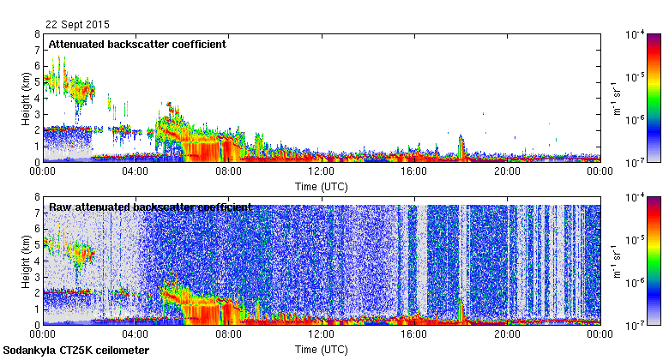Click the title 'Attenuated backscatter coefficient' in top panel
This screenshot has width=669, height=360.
click(137, 44)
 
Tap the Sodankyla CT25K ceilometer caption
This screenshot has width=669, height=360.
click(76, 351)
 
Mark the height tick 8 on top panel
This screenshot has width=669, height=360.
click(37, 35)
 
